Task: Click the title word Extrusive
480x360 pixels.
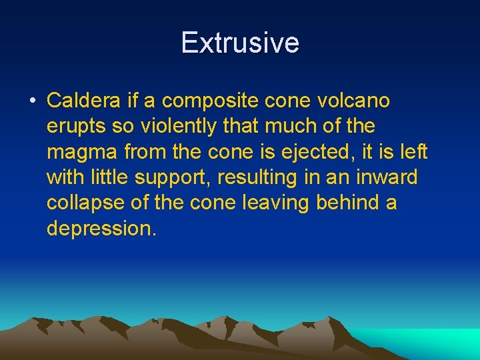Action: coord(240,43)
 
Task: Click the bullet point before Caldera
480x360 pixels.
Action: coord(31,102)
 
